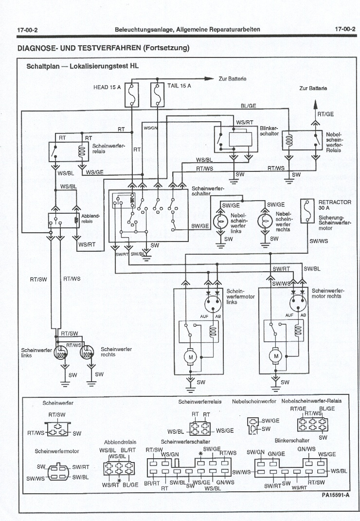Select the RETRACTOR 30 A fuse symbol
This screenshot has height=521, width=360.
[306, 210]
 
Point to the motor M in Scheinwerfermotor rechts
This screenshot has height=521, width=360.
[276, 357]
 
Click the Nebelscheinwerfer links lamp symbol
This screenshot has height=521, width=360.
[222, 221]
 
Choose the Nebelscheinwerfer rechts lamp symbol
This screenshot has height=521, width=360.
[266, 221]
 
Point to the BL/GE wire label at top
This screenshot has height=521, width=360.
[249, 106]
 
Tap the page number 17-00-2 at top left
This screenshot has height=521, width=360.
[27, 30]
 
